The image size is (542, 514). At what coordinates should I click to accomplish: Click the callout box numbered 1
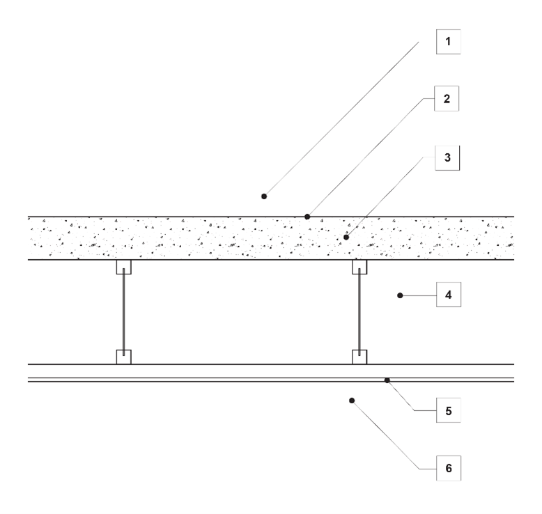pos(448,41)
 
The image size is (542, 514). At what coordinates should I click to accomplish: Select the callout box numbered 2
pos(448,98)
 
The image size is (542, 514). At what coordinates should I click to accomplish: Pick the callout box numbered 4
pos(448,295)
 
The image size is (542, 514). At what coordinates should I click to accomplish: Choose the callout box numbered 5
pos(448,410)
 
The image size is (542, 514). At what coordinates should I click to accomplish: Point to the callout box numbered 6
pos(448,468)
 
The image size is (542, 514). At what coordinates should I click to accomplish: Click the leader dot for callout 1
pos(264,196)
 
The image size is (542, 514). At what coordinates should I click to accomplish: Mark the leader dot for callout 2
pos(307,217)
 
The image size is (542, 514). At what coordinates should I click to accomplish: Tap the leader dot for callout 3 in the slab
pos(346,237)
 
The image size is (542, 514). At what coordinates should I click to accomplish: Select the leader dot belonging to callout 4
pos(400,295)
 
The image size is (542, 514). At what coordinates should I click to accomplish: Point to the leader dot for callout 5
pos(387,380)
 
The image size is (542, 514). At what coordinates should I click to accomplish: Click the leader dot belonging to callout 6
pos(352,400)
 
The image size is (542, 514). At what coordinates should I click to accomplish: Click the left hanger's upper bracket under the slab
pos(124,267)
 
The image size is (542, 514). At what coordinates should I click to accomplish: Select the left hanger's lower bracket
pos(124,357)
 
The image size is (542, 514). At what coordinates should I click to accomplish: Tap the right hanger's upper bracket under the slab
pos(359,267)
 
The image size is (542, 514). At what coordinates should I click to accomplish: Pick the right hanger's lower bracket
pos(359,357)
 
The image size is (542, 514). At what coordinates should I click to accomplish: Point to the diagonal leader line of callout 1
pos(341,118)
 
